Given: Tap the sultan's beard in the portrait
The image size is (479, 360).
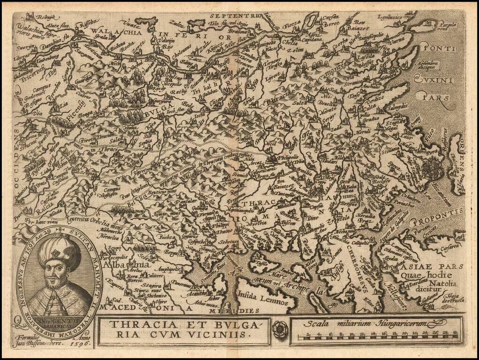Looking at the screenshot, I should tap(53, 284).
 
